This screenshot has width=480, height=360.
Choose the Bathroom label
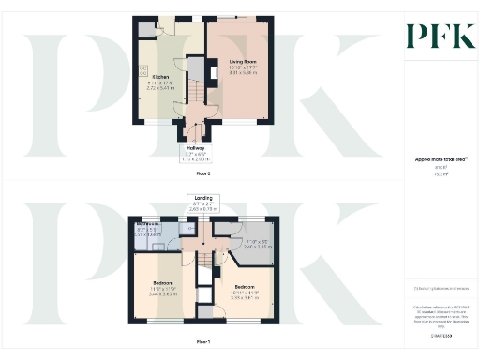click(145, 224)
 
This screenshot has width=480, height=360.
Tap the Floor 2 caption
click(202, 174)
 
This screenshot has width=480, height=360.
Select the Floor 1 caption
click(202, 341)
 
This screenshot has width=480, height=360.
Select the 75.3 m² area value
click(441, 174)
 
